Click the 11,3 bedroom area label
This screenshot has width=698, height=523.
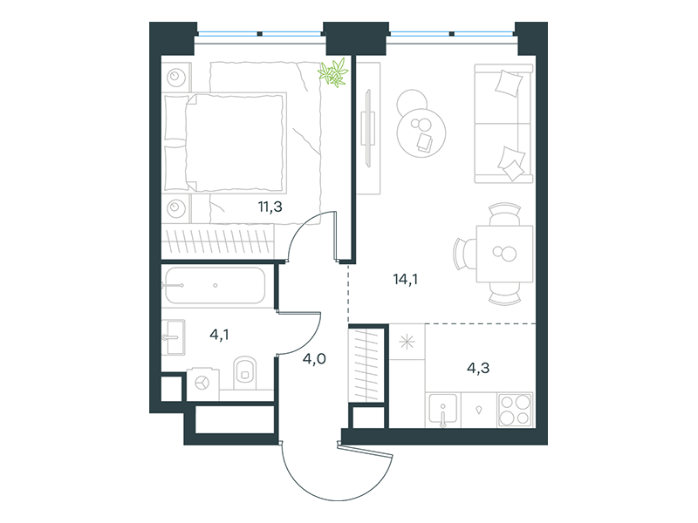point(270,207)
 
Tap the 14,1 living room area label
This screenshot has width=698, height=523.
point(406,279)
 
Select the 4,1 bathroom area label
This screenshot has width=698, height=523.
point(220,335)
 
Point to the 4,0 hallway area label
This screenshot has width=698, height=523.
point(314,358)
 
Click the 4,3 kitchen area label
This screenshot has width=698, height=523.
point(478,368)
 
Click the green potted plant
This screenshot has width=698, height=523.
point(333,72)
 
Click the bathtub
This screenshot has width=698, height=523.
point(216,285)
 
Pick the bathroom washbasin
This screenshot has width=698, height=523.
point(173,337)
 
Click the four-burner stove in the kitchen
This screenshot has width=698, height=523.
point(515,410)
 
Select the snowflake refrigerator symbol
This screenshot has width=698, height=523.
point(407,342)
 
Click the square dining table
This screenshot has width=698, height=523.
point(505,254)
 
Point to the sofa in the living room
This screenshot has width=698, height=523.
point(503,124)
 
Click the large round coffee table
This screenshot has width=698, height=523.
point(421,133)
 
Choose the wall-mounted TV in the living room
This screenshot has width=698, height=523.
point(368,128)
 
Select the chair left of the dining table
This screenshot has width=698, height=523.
point(464,254)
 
